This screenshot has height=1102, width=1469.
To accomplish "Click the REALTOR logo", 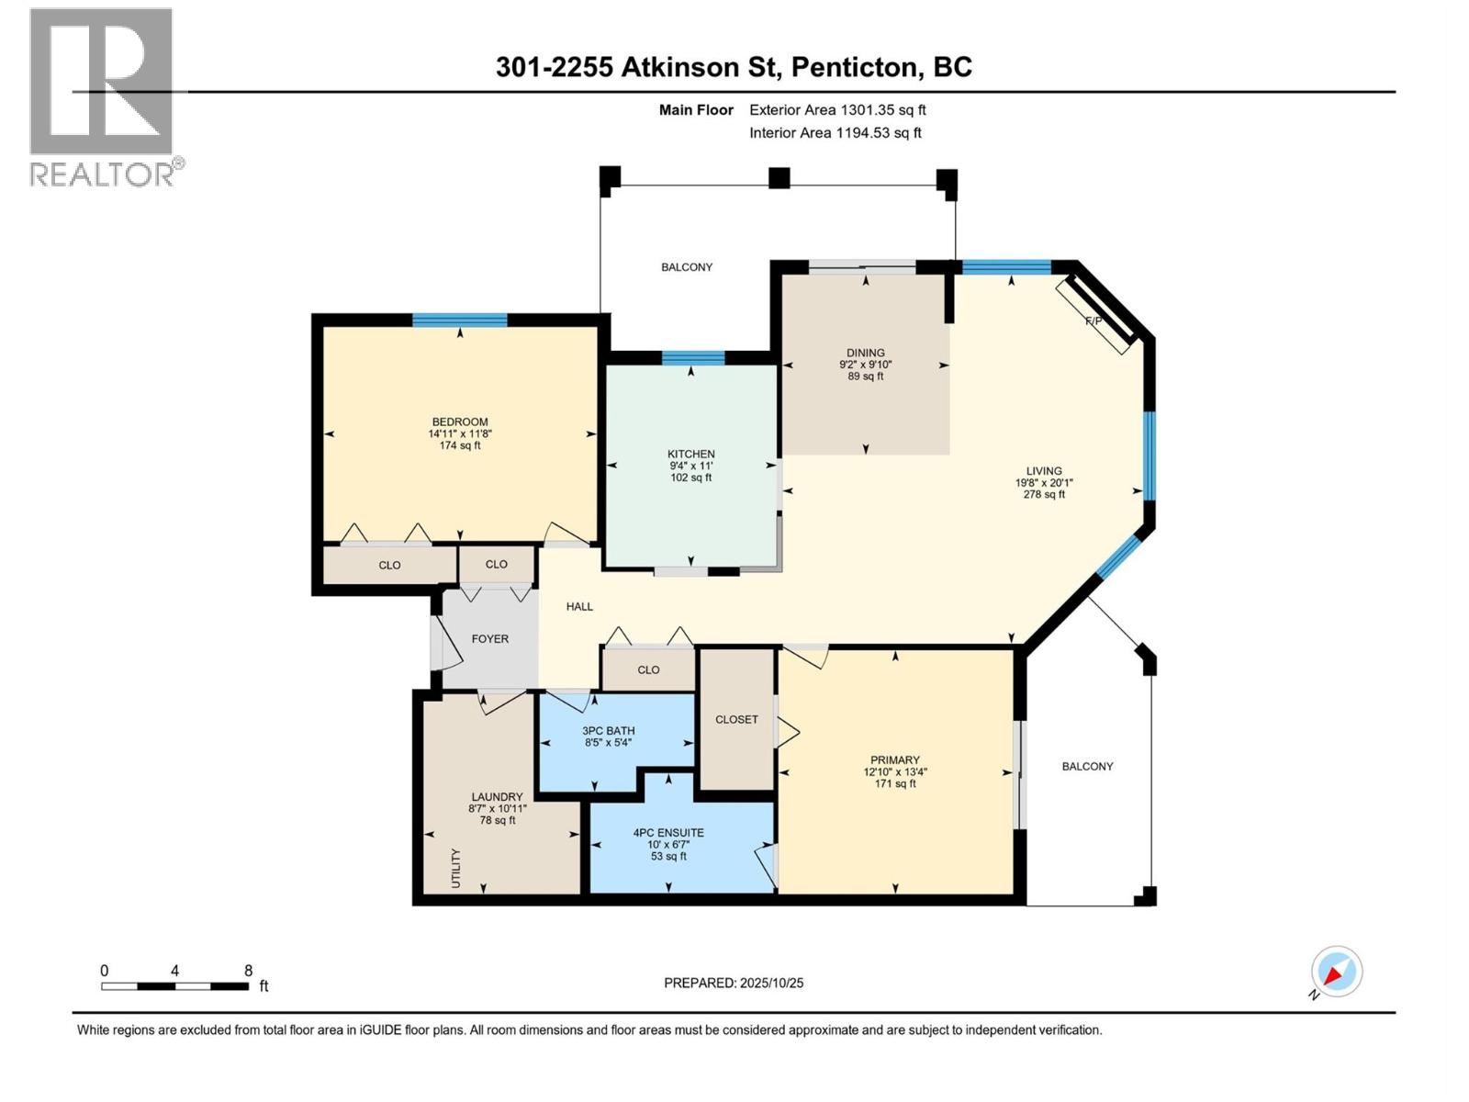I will tap(101, 96).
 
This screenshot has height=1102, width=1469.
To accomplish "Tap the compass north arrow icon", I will tap(1336, 972).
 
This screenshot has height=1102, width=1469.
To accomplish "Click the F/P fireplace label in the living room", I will tap(1093, 321).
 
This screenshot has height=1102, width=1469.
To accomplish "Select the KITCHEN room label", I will tap(690, 454).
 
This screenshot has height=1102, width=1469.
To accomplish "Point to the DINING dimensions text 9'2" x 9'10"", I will tap(865, 365).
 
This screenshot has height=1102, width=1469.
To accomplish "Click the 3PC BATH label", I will tap(608, 731).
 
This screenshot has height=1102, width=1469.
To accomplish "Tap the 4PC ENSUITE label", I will tap(668, 833).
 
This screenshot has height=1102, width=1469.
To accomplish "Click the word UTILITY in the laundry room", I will tap(456, 868).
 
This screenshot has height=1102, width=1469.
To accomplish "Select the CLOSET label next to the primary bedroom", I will tap(736, 719).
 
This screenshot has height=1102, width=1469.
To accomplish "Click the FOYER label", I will tap(489, 638).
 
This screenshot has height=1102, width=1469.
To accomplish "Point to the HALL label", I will tap(579, 606).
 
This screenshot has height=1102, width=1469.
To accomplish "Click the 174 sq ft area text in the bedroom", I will tap(460, 445).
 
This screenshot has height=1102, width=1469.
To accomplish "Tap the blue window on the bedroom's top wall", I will tap(459, 320).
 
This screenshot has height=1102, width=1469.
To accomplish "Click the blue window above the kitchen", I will tap(692, 358).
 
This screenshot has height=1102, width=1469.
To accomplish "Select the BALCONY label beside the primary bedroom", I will tap(1087, 766).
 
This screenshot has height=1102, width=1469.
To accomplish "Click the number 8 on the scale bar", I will tap(248, 971).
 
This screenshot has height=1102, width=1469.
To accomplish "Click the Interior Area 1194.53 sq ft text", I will tap(835, 132).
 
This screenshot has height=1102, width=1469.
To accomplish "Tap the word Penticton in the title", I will tap(855, 67).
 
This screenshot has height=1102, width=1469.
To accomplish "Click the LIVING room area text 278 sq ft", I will tap(1044, 494).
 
